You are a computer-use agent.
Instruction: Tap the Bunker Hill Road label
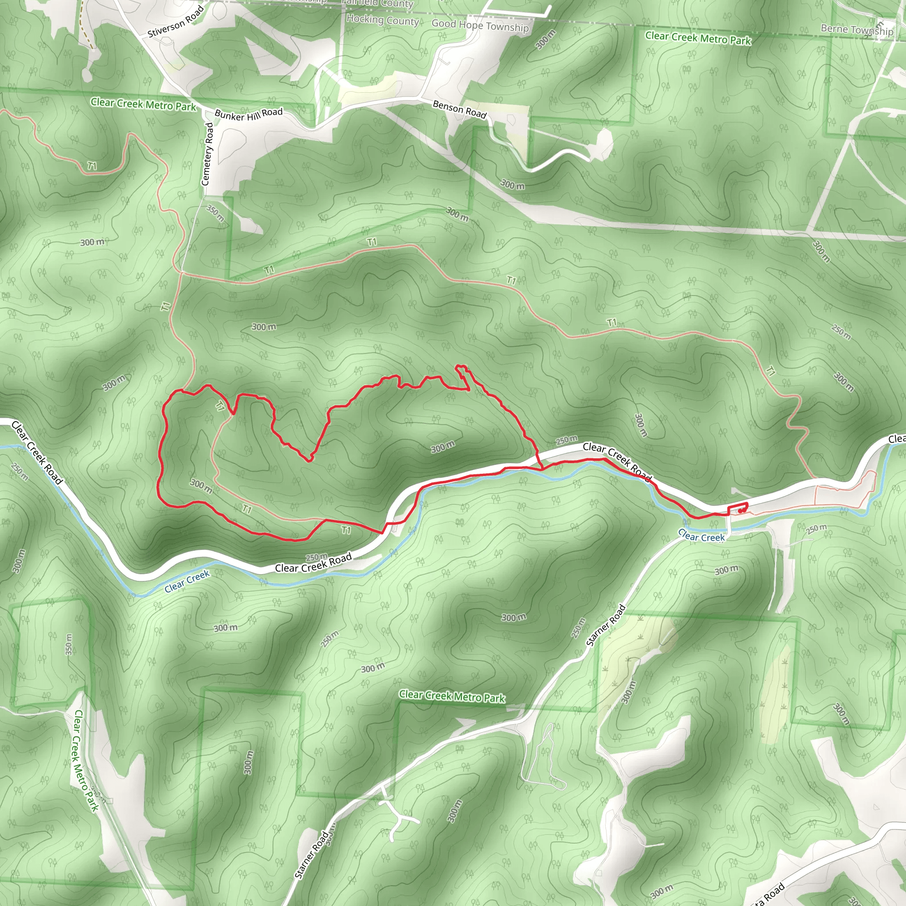[249, 114]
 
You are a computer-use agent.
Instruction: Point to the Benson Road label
[460, 109]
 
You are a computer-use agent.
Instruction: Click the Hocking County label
[382, 20]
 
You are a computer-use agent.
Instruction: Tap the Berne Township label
[857, 30]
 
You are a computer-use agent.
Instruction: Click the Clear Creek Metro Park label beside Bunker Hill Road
[143, 104]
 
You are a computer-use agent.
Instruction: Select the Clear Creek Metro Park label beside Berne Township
[698, 38]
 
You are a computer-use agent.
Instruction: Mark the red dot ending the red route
[740, 511]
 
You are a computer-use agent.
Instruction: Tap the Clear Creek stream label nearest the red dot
[701, 536]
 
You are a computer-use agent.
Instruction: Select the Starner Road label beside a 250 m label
[606, 626]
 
